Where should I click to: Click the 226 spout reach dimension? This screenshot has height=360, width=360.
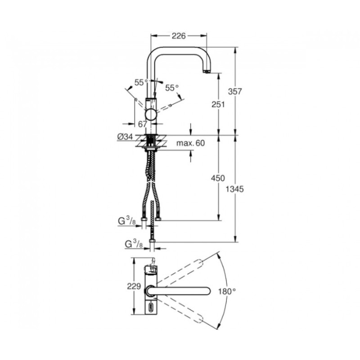click(x=178, y=36)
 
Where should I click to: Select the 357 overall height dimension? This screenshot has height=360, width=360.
click(x=235, y=91)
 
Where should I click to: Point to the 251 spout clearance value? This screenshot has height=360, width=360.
click(x=218, y=104)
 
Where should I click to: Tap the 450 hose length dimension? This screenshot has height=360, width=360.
click(x=218, y=178)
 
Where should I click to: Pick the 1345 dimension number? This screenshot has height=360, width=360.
click(x=234, y=189)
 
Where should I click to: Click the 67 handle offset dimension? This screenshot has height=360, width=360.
click(x=142, y=124)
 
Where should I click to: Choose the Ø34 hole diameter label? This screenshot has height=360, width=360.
click(x=125, y=137)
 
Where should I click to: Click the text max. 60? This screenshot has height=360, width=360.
click(x=190, y=143)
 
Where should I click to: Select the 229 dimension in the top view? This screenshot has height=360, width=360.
click(x=134, y=286)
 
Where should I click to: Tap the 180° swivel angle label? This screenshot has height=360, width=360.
click(x=227, y=292)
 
